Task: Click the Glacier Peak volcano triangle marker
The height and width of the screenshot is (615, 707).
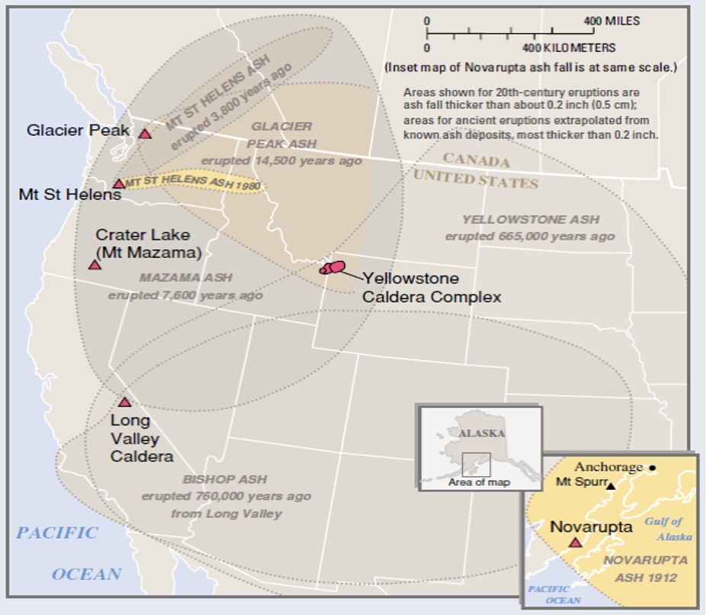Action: point(145,134)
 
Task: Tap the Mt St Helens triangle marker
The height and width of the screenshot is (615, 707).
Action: point(119,183)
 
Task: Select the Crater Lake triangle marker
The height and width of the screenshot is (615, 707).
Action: point(95,265)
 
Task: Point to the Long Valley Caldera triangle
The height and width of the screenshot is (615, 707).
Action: point(124,402)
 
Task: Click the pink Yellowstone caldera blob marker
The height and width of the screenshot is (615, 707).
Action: point(333,267)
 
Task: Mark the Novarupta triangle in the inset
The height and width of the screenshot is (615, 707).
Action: point(575,542)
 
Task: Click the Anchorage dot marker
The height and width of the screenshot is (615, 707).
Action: point(652,467)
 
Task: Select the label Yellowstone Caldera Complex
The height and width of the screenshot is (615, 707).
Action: point(432,288)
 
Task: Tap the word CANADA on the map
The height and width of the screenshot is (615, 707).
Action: point(476,161)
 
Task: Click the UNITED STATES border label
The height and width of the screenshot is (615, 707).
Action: point(476,180)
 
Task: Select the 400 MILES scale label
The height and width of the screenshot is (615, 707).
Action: point(612,21)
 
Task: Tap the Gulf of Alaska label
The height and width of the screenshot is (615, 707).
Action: point(668,529)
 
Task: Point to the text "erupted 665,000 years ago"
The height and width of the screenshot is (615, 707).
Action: point(529,237)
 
